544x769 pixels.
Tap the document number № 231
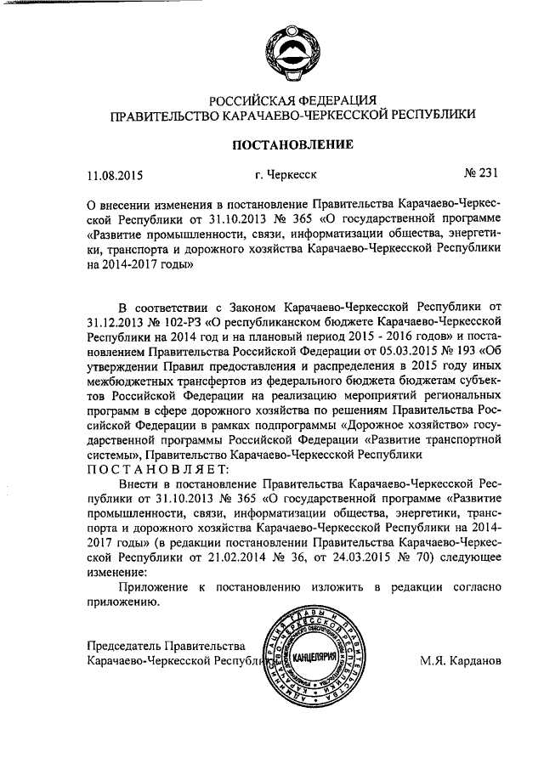click(x=479, y=175)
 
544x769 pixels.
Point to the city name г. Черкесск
click(x=286, y=176)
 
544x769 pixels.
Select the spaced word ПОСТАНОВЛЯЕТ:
click(x=158, y=470)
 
